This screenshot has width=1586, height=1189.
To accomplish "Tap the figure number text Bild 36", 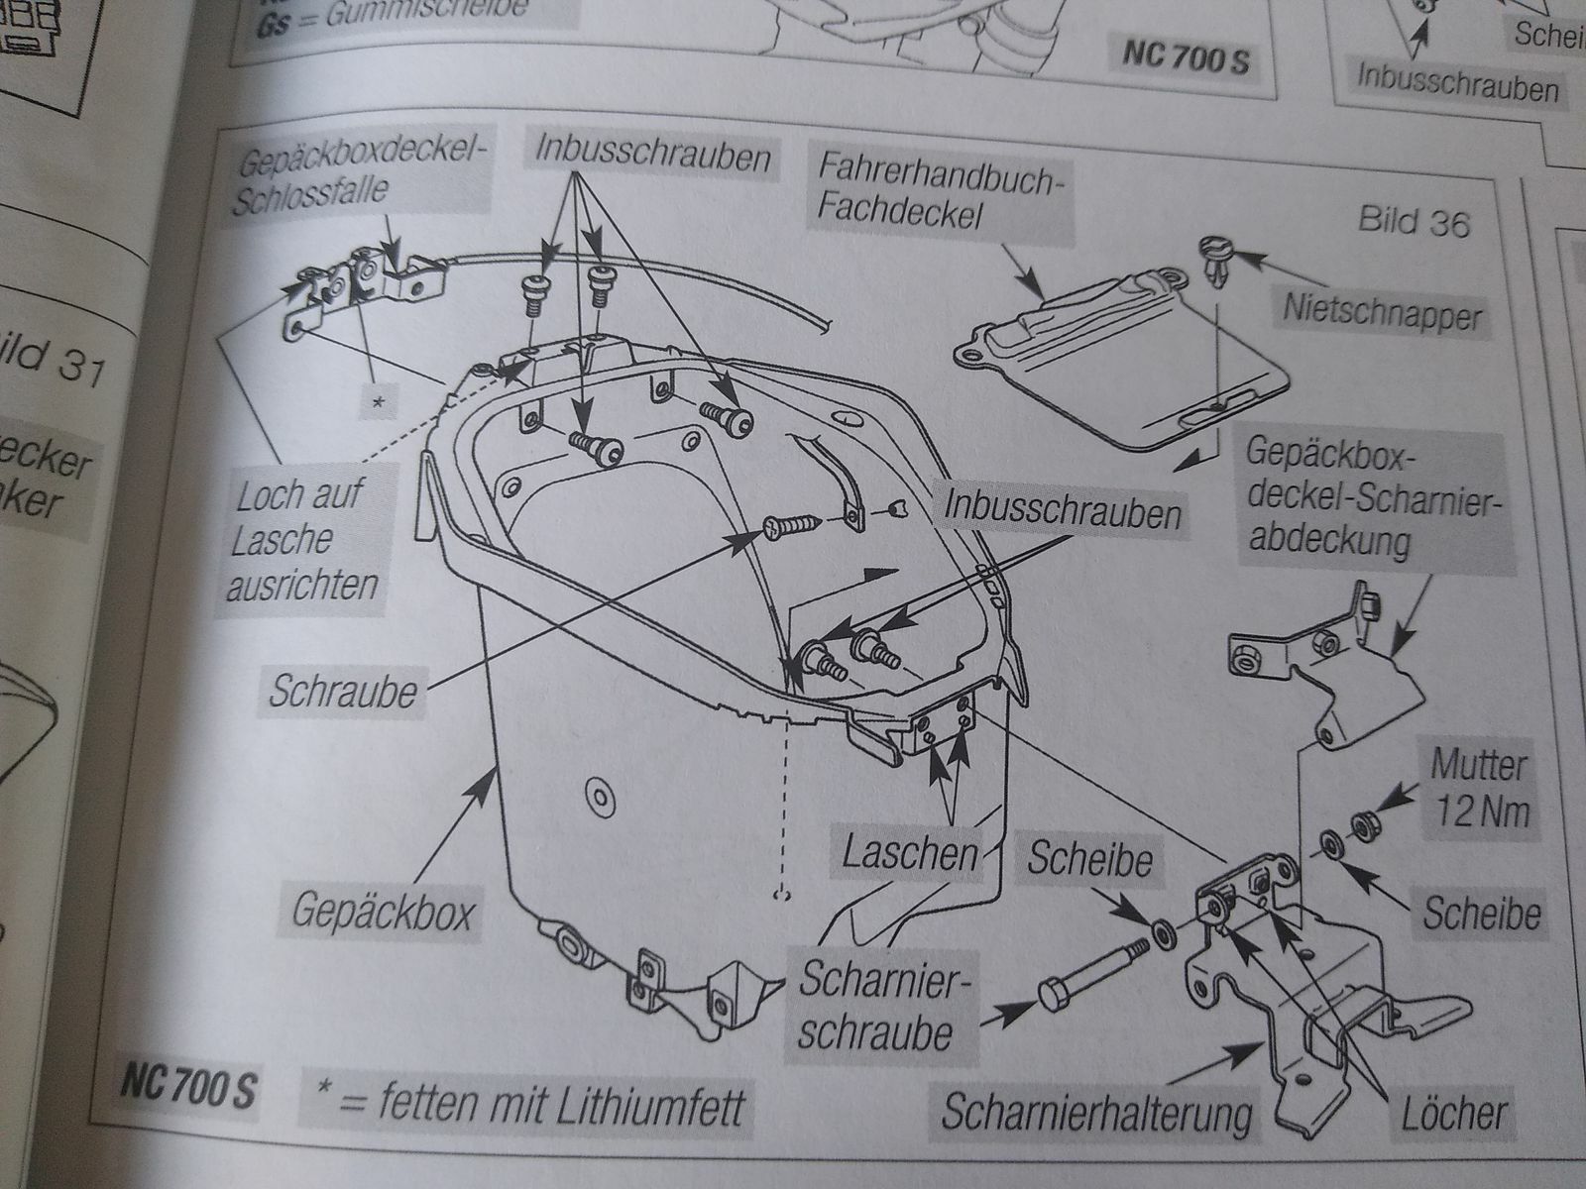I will click(x=1413, y=222).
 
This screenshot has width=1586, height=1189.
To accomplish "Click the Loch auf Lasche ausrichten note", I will click(x=301, y=541).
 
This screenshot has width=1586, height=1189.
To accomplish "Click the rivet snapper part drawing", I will click(x=1214, y=260).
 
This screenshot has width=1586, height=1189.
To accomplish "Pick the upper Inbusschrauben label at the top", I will click(x=653, y=155).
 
